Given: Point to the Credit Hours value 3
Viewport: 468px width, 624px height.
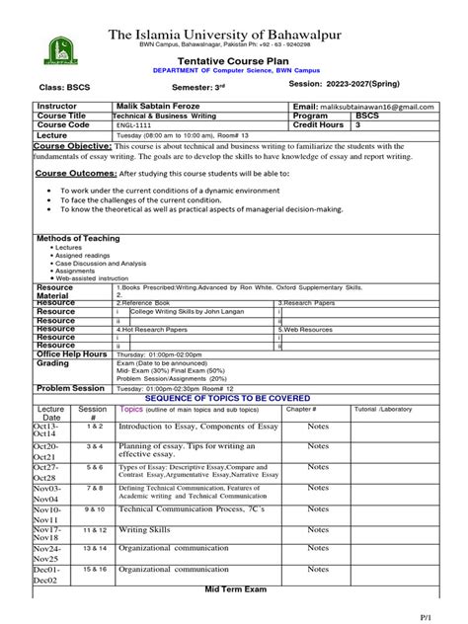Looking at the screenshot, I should [x=358, y=125].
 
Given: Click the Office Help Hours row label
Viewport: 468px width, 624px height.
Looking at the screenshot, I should [x=71, y=353].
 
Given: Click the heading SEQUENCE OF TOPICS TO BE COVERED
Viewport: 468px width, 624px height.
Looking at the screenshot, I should [x=235, y=398].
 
